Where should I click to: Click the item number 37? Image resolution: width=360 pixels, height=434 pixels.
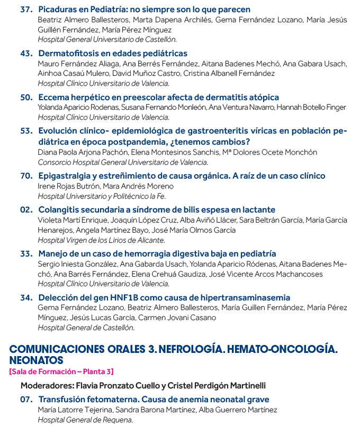pos(26,10)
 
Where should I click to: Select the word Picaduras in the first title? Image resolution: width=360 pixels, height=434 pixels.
pos(57,10)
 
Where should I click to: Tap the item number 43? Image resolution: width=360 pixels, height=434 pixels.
pos(26,54)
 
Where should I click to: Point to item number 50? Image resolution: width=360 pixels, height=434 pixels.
pos(26,98)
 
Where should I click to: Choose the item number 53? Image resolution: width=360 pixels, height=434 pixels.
pos(26,131)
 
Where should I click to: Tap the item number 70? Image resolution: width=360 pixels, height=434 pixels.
pos(26,175)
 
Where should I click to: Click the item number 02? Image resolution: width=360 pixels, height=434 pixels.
pos(26,209)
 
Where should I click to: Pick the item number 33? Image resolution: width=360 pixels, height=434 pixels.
pos(26,253)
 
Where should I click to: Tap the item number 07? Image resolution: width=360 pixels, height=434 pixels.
pos(26,399)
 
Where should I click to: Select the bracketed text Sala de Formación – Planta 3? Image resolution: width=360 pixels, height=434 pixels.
pos(61,371)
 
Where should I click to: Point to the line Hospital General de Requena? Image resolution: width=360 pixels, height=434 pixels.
pos(85,420)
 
